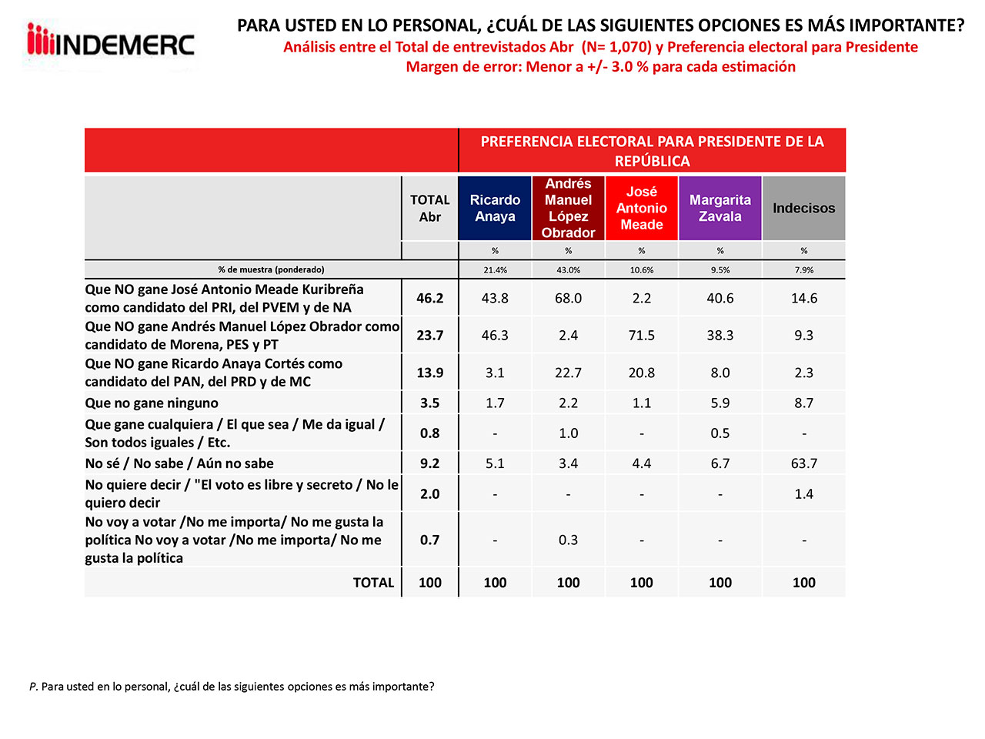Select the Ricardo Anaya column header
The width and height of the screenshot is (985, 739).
(495, 208)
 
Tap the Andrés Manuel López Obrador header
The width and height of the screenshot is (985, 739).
(568, 208)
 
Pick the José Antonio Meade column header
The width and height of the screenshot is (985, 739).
(642, 208)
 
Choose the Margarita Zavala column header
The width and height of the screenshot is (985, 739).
(720, 208)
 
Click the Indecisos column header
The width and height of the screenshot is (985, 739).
(803, 208)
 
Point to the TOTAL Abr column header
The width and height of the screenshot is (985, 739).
(429, 208)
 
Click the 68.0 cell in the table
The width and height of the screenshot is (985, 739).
(568, 298)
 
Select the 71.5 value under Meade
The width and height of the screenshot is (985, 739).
(642, 335)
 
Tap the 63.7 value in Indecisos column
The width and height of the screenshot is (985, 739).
(803, 463)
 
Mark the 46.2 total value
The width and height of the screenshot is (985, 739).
(429, 298)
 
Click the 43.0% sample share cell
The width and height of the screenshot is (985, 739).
(568, 270)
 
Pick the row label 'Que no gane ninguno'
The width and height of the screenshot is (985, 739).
(152, 403)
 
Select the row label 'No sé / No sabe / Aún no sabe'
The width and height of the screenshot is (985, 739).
(179, 463)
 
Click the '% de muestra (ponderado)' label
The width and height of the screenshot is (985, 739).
(271, 270)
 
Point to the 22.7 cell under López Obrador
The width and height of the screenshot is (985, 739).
(568, 373)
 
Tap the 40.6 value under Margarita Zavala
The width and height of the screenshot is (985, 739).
(720, 298)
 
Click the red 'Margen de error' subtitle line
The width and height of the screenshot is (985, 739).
(600, 67)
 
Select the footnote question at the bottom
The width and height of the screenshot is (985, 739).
(232, 686)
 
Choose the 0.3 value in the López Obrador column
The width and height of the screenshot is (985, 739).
(568, 540)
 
